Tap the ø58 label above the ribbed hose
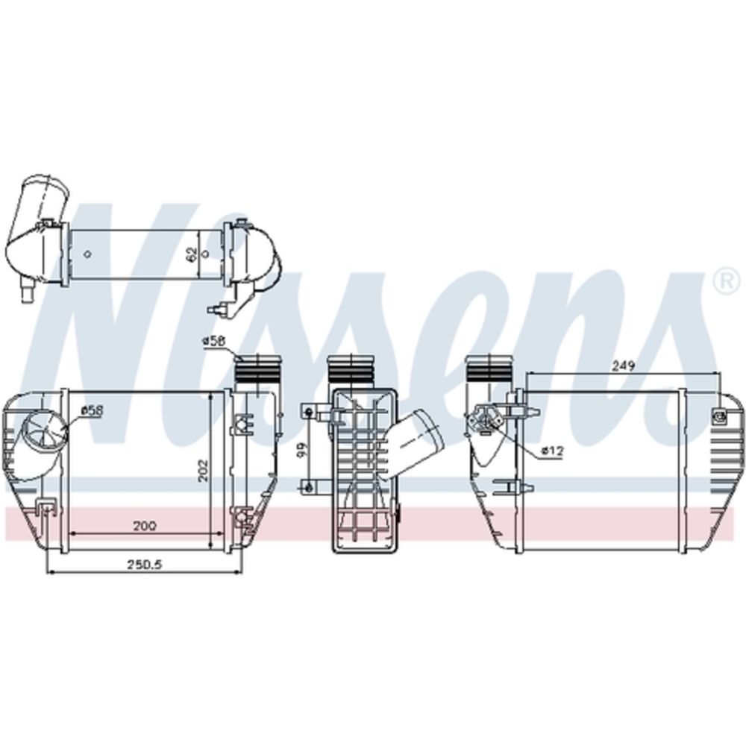pyautogui.click(x=214, y=341)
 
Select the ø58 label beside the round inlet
pyautogui.click(x=92, y=410)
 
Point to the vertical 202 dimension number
pyautogui.click(x=202, y=469)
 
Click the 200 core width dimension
pyautogui.click(x=144, y=525)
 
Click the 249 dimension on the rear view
pyautogui.click(x=623, y=366)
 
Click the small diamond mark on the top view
pyautogui.click(x=88, y=254)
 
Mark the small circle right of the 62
pyautogui.click(x=206, y=254)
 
